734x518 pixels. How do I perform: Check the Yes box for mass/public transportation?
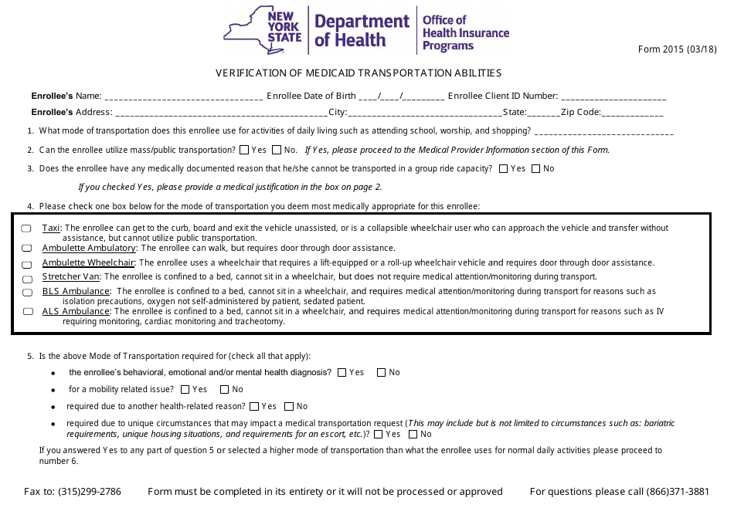[x=244, y=150]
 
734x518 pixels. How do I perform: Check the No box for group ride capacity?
[x=536, y=168]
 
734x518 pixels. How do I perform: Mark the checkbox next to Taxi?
[x=26, y=229]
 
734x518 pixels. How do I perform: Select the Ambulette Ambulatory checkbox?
[x=26, y=249]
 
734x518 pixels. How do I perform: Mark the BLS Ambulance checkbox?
[x=26, y=293]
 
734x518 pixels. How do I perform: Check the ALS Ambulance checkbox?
[x=26, y=312]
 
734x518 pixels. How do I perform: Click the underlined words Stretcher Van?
[x=71, y=276]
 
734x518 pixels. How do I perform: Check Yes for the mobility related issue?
[x=185, y=390]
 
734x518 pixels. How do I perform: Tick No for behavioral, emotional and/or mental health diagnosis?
[x=381, y=373]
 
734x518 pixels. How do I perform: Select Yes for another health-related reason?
[x=254, y=407]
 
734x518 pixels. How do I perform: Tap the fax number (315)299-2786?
[x=89, y=492]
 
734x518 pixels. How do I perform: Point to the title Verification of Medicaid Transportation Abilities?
[x=358, y=73]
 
